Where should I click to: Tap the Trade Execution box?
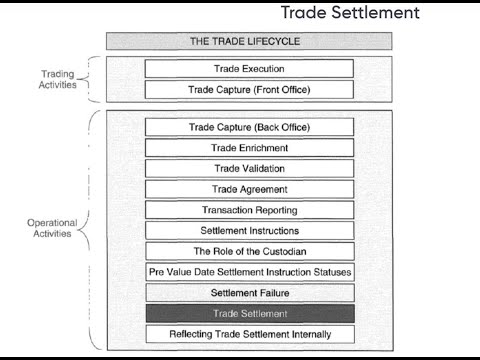point(250,69)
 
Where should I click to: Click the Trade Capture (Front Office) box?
point(250,90)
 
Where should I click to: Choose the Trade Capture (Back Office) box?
point(250,127)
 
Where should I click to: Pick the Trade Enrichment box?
point(250,148)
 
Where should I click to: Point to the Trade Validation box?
point(250,168)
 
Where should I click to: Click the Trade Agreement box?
point(250,189)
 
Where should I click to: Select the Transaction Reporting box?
point(250,210)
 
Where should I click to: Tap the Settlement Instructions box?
point(250,230)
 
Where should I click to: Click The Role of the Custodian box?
point(250,251)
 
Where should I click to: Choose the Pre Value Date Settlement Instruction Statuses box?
point(250,272)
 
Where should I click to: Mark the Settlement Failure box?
point(250,293)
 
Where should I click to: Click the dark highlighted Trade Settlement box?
point(250,314)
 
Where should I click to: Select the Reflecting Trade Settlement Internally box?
point(250,334)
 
